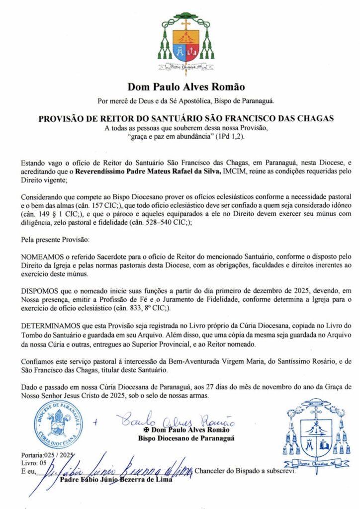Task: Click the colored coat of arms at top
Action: [185, 42]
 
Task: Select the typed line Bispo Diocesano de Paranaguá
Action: [186, 438]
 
